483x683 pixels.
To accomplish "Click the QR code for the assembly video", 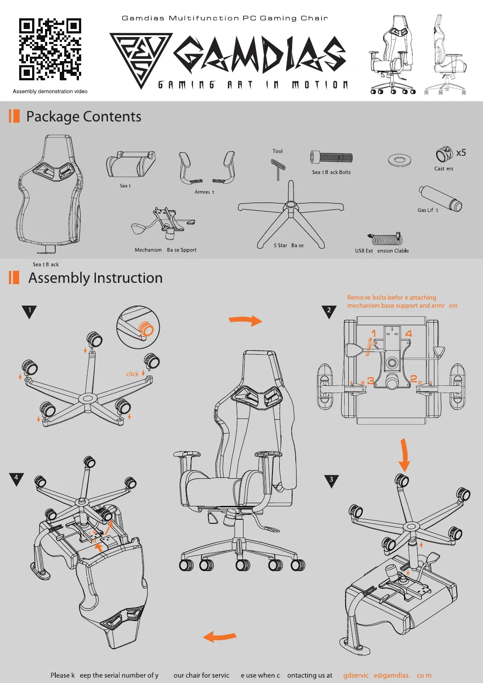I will [50, 49].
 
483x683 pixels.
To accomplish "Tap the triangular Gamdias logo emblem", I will [140, 58].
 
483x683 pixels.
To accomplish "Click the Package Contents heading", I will [83, 117].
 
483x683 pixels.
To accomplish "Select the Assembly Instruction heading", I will [95, 278].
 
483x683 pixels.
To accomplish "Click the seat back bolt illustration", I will [332, 157].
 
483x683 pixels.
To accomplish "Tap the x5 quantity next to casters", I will [461, 153].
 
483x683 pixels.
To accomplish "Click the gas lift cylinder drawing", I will [440, 198].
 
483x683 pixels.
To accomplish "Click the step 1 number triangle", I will [29, 311].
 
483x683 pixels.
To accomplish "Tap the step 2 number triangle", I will [329, 311].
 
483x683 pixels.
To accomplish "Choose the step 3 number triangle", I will [331, 480].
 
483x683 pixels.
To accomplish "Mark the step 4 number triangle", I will [16, 478].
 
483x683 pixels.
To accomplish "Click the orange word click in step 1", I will [132, 374].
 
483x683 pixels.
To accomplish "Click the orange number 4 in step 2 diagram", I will [409, 334].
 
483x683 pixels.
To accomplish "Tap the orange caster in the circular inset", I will [147, 329].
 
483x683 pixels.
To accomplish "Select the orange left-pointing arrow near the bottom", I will [219, 637].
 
